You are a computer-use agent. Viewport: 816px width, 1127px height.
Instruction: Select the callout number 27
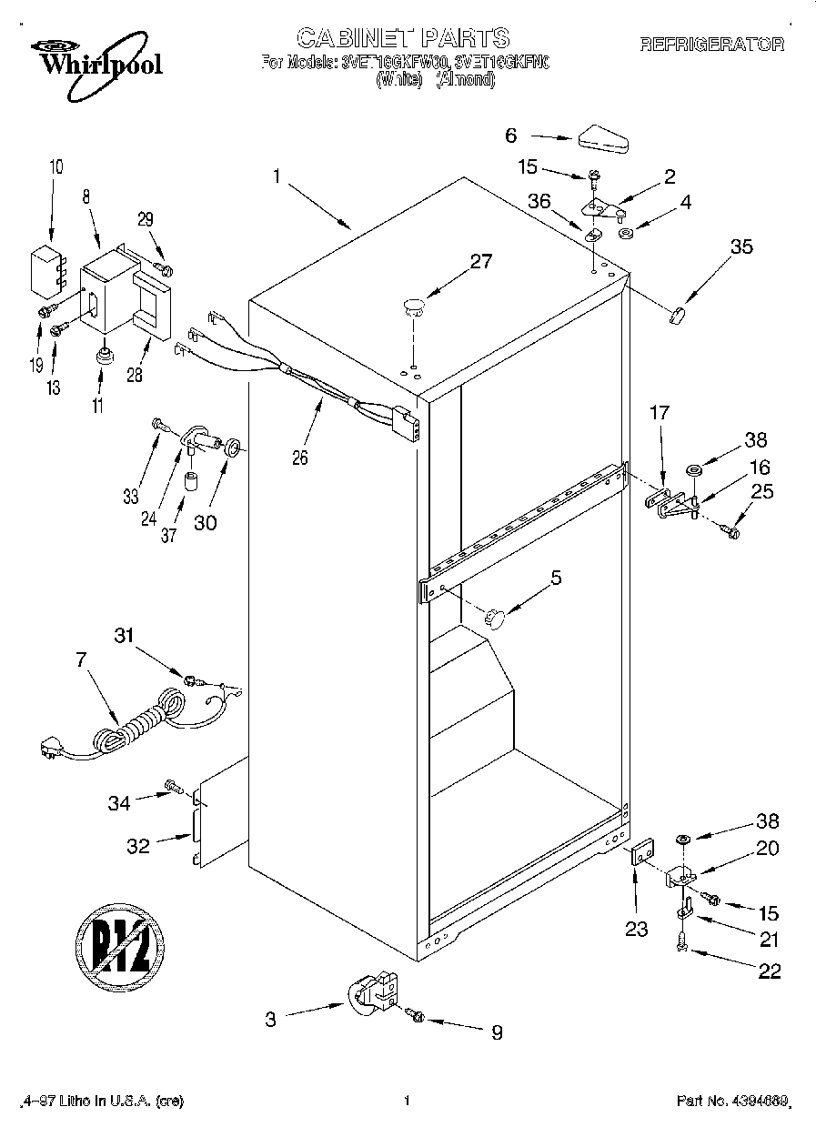(x=480, y=262)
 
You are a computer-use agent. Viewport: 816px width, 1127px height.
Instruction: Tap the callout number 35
(x=741, y=246)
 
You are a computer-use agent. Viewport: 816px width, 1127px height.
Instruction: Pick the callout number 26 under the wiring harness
(x=299, y=457)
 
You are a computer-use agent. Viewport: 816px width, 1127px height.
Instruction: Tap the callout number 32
(x=138, y=845)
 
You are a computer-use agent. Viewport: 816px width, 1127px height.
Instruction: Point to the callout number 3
(x=271, y=1020)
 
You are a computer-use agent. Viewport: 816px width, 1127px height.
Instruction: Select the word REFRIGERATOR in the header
(x=712, y=43)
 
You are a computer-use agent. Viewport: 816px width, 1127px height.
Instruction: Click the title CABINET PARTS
(x=403, y=37)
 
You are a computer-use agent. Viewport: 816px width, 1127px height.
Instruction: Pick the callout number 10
(x=56, y=166)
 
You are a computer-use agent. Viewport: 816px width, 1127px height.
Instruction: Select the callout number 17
(x=659, y=413)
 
